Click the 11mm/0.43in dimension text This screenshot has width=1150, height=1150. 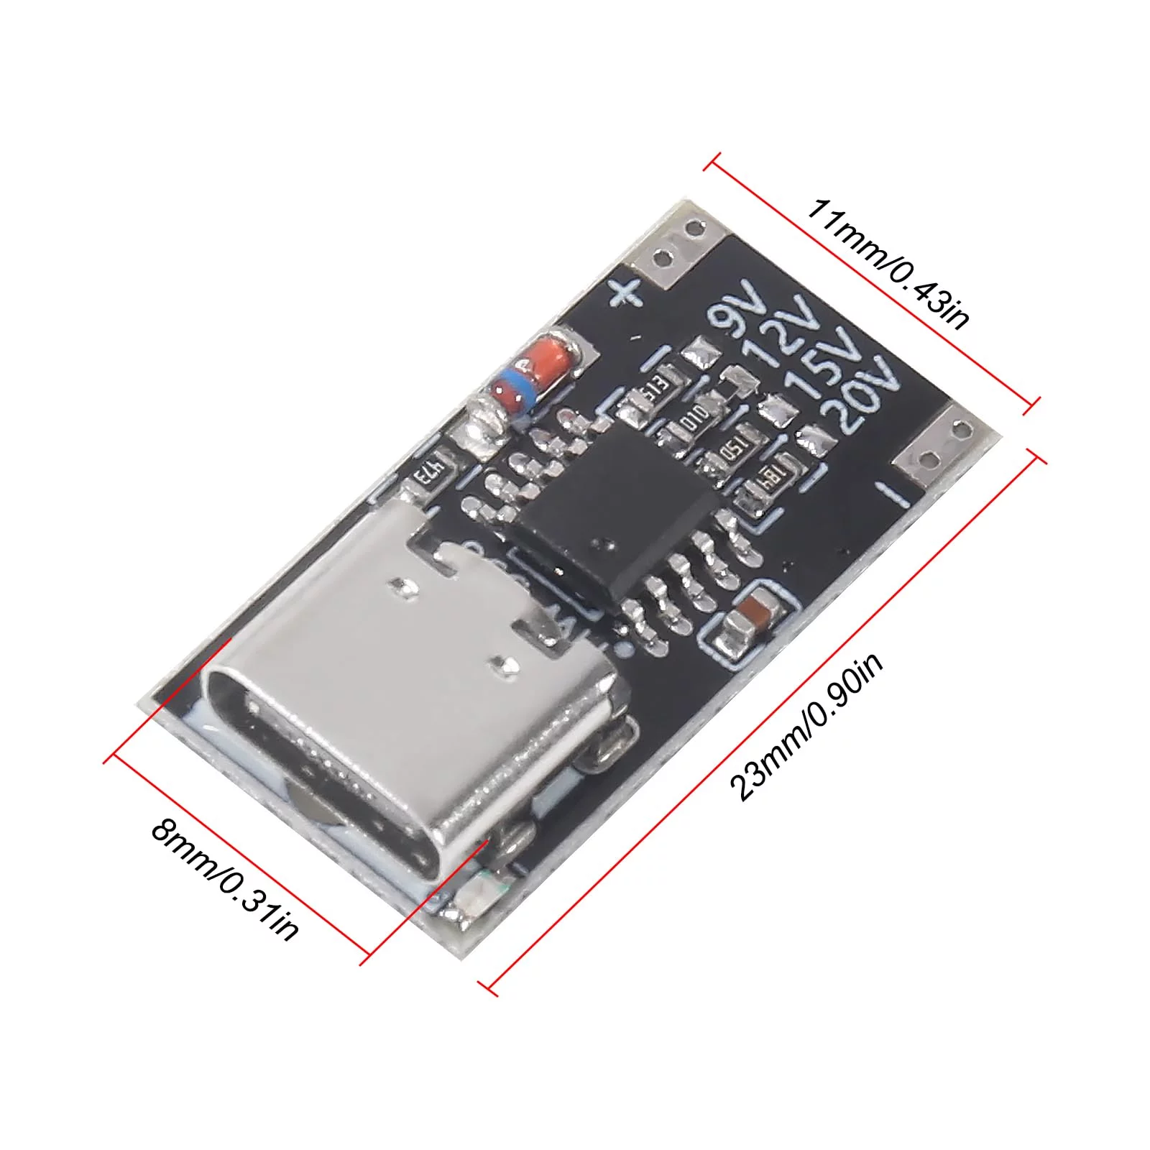pyautogui.click(x=887, y=263)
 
